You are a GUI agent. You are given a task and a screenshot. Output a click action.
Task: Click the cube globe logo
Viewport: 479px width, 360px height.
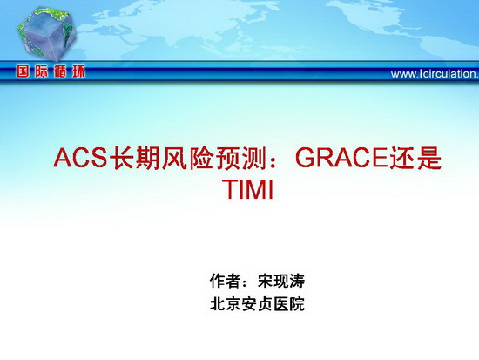pos(46,34)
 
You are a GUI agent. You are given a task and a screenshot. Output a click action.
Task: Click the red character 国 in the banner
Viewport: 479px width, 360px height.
pos(23,71)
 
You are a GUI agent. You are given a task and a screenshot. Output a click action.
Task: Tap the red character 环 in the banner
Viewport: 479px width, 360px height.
pos(78,71)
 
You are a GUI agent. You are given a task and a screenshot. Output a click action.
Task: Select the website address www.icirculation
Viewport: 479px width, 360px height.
pos(435,74)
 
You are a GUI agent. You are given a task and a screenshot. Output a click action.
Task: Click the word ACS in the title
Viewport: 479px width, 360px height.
pos(80,158)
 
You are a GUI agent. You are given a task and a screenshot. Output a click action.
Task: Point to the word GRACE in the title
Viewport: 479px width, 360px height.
pos(341,158)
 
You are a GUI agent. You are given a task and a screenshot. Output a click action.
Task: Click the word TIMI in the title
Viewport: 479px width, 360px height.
pos(248,189)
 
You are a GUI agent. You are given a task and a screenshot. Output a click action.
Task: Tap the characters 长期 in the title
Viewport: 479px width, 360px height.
pos(134,158)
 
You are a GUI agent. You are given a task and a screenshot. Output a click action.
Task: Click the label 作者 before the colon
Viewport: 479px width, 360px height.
pos(225,281)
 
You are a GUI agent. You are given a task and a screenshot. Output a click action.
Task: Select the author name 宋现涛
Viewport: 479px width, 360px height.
pos(281,281)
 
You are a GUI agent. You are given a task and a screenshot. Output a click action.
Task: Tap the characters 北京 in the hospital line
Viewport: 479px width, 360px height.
pos(226,304)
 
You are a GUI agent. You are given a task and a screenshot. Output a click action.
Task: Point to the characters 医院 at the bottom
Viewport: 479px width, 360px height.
pos(289,304)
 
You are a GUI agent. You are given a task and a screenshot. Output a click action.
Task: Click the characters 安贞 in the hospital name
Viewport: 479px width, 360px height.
pos(257,304)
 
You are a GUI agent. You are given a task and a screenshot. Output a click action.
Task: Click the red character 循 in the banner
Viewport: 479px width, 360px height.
pos(60,71)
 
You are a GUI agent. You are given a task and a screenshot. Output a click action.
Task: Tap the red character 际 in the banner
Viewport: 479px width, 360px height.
pos(42,71)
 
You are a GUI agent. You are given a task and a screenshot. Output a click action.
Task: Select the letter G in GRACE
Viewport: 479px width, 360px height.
pos(305,158)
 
